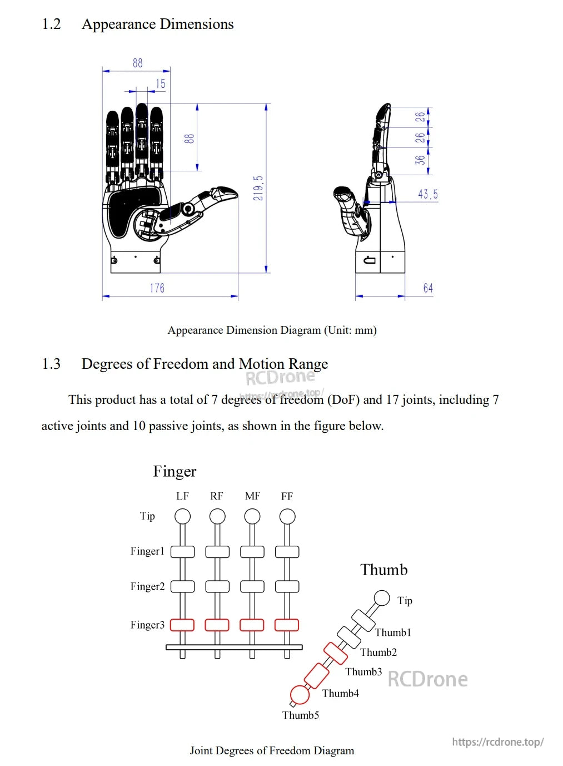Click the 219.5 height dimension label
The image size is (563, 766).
[x=258, y=188]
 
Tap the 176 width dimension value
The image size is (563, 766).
[x=157, y=288]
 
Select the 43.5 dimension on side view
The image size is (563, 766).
[x=427, y=194]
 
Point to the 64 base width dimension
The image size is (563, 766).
[x=428, y=288]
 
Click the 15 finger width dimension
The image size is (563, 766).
[x=161, y=84]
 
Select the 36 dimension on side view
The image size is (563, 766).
[x=420, y=160]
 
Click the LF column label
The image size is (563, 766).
[x=182, y=496]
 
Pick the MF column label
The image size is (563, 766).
[x=252, y=496]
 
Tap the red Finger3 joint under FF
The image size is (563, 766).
[x=287, y=625]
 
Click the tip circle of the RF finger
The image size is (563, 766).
[x=217, y=517]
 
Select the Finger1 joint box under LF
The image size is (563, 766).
[x=182, y=552]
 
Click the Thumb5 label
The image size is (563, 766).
[x=301, y=715]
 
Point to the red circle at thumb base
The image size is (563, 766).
[x=300, y=695]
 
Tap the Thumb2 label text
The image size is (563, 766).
[x=378, y=653]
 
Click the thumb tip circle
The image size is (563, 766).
[x=382, y=598]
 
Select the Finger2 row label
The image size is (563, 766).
[x=147, y=586]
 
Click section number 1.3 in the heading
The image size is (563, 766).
[x=51, y=364]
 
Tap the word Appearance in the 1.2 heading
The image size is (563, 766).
[x=118, y=24]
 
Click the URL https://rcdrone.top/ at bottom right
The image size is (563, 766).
[x=497, y=742]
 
